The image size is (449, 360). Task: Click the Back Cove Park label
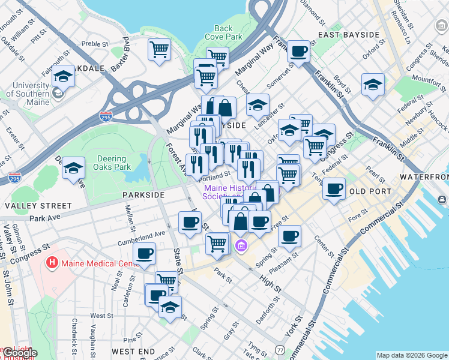click(x=223, y=32)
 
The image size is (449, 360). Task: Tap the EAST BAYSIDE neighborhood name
click(x=349, y=35)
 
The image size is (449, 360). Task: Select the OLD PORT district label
click(x=370, y=191)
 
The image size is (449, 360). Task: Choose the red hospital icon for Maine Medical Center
click(x=53, y=263)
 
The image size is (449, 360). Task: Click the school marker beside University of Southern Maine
click(x=63, y=76)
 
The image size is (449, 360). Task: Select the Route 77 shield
click(x=280, y=350)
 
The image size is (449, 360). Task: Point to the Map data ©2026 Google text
click(x=411, y=355)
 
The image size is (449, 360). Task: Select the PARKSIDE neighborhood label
click(x=143, y=195)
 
